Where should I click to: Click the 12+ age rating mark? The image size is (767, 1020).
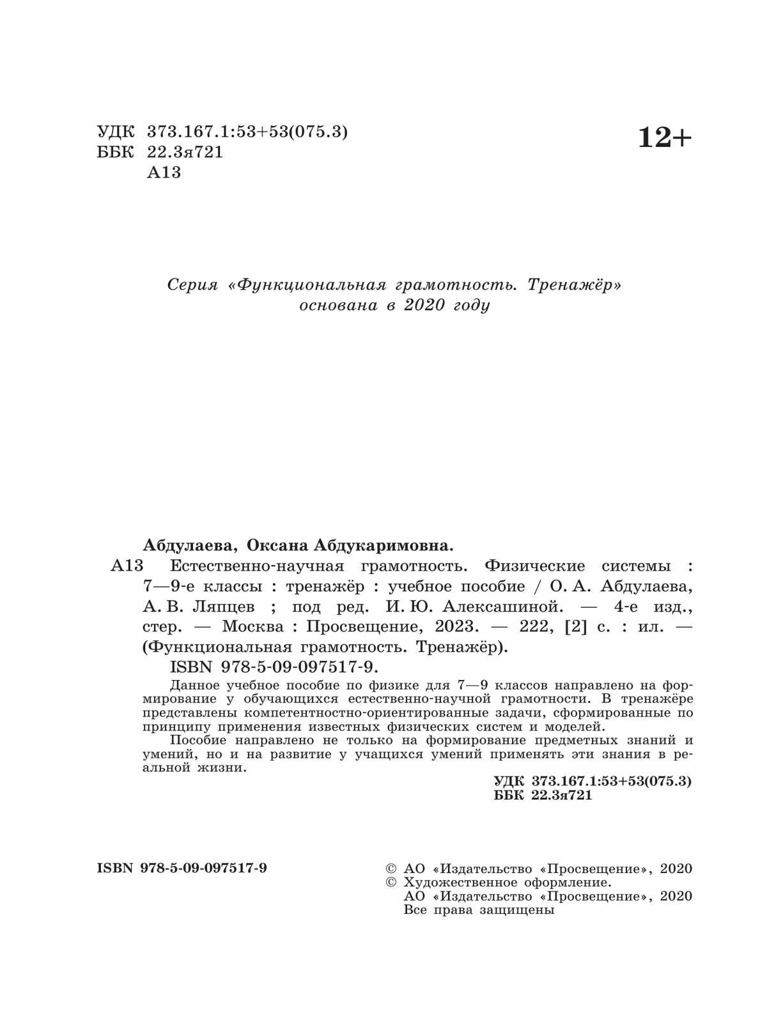tap(665, 137)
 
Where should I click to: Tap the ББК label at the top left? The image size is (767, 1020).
tap(116, 152)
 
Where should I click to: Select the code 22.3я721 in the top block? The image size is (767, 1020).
tap(185, 152)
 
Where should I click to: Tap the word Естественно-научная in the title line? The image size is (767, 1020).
tap(257, 566)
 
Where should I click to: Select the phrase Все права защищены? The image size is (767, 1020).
tap(479, 910)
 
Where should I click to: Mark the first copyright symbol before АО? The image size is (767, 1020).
tap(391, 869)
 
